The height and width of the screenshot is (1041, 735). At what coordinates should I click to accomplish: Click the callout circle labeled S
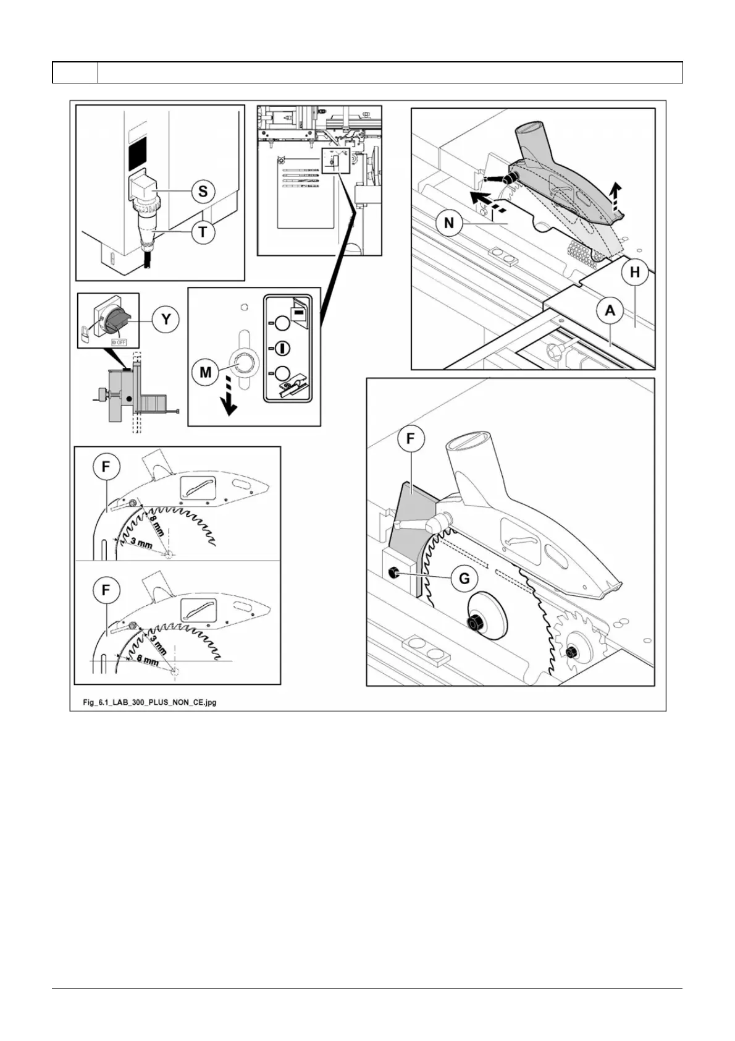point(203,191)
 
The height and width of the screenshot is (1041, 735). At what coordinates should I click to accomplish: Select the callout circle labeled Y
point(166,320)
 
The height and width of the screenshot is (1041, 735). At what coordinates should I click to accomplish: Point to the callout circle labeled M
point(206,372)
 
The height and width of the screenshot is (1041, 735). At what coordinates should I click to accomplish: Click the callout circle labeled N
point(449,223)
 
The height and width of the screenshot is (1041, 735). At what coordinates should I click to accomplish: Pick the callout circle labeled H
point(634,272)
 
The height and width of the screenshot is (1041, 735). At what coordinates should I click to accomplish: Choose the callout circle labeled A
point(610,311)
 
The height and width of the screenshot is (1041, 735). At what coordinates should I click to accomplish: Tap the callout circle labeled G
point(464,579)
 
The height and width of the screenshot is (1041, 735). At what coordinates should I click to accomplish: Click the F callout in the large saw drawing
point(411,440)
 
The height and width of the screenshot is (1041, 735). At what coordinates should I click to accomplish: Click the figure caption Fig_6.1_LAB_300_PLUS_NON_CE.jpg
point(150,702)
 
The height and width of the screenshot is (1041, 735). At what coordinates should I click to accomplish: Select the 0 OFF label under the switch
point(118,341)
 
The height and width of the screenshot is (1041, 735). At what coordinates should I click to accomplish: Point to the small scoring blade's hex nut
point(573,651)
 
